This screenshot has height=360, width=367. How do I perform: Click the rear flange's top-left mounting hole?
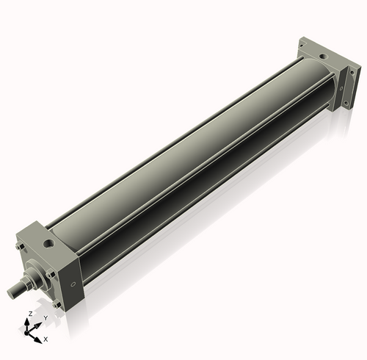[302, 48]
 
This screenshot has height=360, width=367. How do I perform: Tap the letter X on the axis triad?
[46, 339]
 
